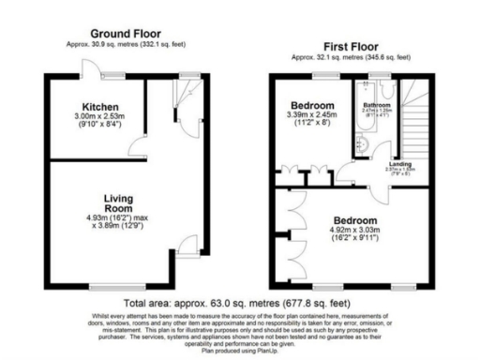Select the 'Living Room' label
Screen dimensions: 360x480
[123, 202]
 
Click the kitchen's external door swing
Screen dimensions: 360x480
[89, 67]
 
